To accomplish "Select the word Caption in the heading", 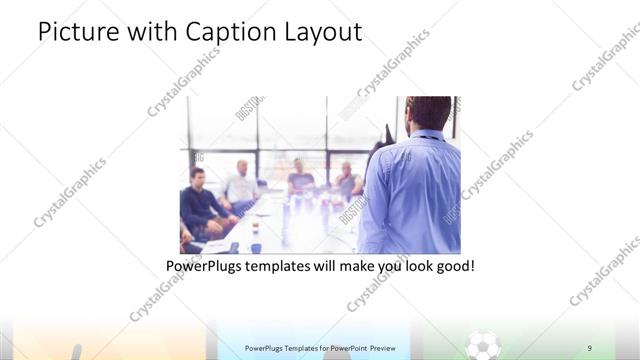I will pos(225,32).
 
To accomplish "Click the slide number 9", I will pos(589,347).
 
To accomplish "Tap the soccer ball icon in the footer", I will pos(484,346).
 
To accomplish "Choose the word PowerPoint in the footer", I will pos(338,348).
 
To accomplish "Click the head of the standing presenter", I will pos(430,112).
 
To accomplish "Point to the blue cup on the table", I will pos(256,247).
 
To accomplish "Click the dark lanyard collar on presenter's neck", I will pos(428,136).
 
